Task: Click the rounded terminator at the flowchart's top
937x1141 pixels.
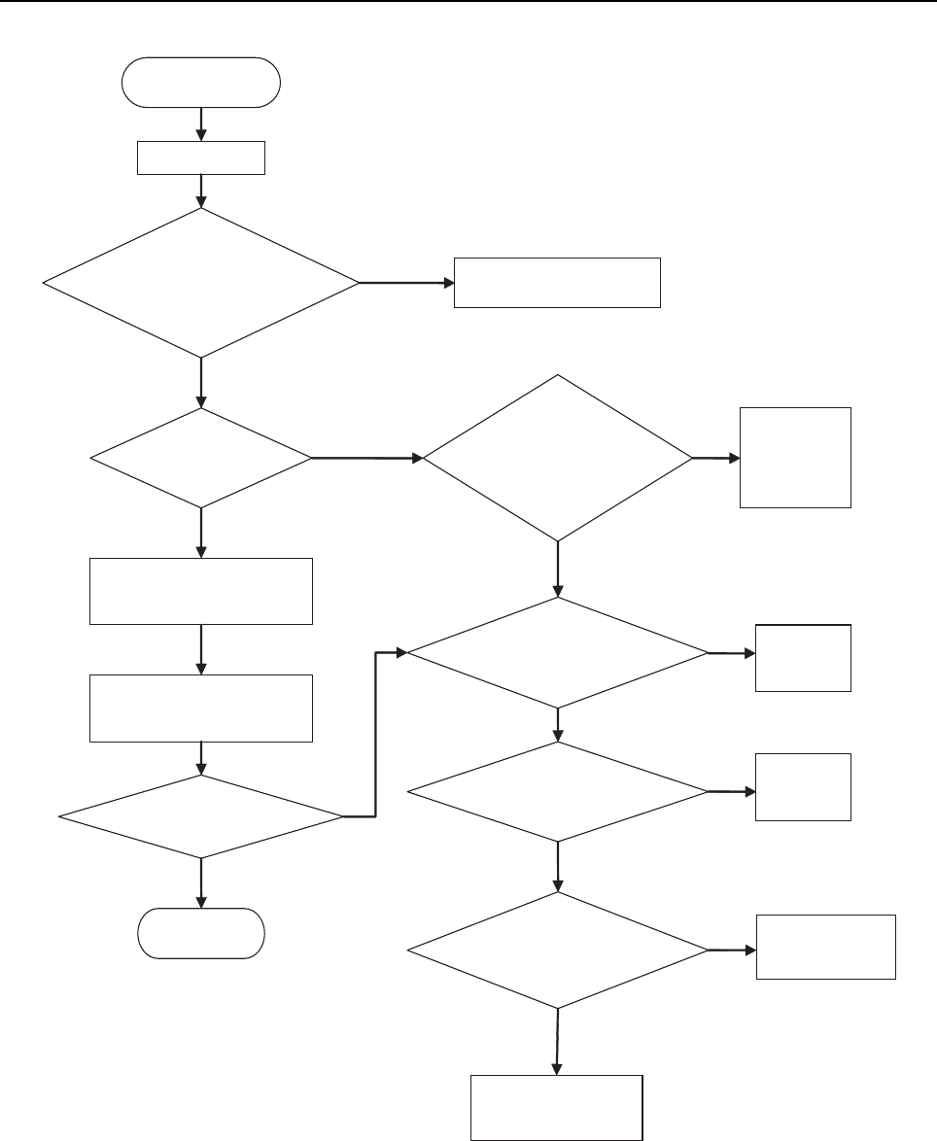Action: (x=201, y=82)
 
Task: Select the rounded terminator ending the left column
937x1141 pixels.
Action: (x=201, y=934)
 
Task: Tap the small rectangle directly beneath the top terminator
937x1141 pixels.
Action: (x=201, y=157)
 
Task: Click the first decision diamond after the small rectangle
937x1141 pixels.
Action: (x=201, y=283)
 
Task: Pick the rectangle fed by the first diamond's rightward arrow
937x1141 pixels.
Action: (x=557, y=283)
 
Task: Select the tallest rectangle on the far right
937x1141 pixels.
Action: (x=795, y=457)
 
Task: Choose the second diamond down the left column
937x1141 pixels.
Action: (x=201, y=457)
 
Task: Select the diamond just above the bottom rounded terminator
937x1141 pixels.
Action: (x=201, y=816)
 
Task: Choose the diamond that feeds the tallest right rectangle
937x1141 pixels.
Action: (x=558, y=457)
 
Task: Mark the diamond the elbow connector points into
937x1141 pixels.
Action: (x=558, y=652)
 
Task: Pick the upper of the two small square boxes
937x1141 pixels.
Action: (x=803, y=658)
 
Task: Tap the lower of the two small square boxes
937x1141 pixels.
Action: (x=803, y=786)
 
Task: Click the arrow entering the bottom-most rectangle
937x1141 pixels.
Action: (x=558, y=1040)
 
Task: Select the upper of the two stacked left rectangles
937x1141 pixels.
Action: (x=201, y=591)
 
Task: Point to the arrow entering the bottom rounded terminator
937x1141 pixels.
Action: (x=201, y=883)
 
